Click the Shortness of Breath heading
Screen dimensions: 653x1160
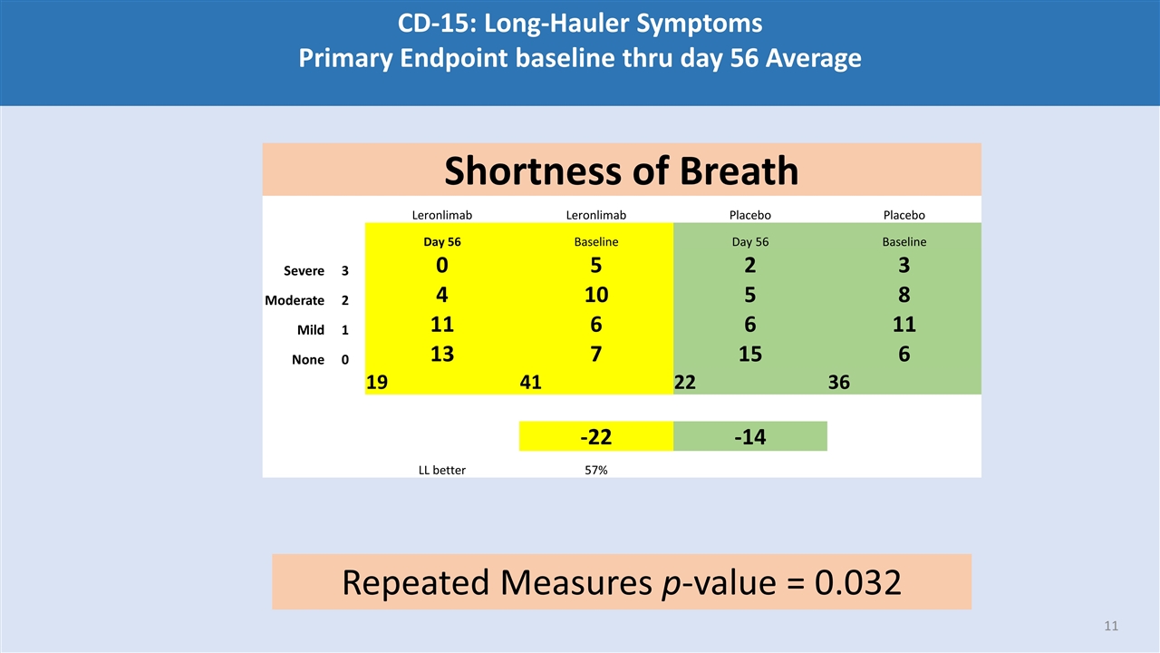(622, 171)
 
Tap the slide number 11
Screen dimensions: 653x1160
(1111, 626)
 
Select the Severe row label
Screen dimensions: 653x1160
(304, 271)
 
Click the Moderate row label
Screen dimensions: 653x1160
(295, 300)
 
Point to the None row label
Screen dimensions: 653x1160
(308, 360)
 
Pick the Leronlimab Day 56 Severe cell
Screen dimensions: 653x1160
(442, 266)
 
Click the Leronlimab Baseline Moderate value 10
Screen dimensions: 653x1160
(595, 295)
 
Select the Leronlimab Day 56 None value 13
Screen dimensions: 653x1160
(442, 354)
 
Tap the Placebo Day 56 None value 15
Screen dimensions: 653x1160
(749, 354)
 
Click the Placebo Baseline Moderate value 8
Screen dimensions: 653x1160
(904, 295)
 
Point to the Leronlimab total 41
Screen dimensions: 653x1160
(531, 383)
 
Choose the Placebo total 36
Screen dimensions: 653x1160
(838, 383)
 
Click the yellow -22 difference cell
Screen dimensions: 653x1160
(595, 437)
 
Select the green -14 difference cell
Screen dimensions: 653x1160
(749, 437)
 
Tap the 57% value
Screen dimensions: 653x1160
(595, 470)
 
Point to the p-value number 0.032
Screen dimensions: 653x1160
(857, 582)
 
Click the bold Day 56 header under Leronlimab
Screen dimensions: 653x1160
(442, 242)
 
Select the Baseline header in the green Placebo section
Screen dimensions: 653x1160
(904, 242)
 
